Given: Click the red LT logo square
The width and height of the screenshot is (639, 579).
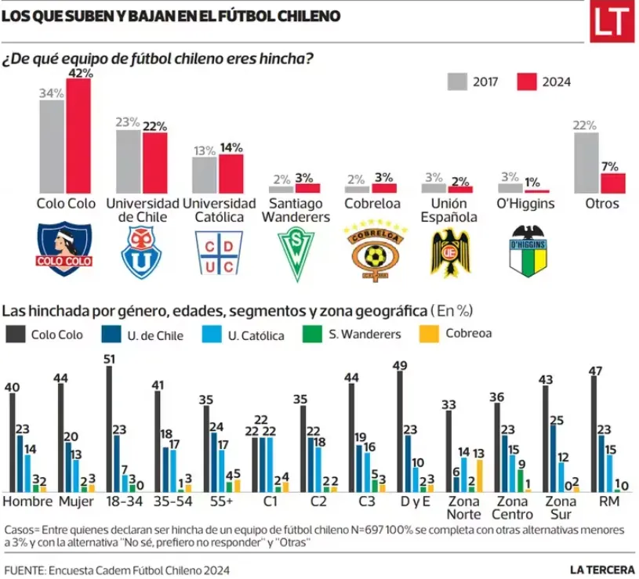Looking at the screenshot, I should click(612, 22).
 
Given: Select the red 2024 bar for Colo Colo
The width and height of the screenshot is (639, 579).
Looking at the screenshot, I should click(78, 136).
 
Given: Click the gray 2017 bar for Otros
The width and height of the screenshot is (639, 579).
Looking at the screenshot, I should click(587, 163).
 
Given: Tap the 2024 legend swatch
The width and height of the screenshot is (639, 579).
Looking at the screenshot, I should click(526, 81).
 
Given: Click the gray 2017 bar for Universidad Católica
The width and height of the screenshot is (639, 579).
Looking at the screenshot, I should click(205, 176).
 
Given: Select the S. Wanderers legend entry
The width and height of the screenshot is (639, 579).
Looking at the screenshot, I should click(356, 335).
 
